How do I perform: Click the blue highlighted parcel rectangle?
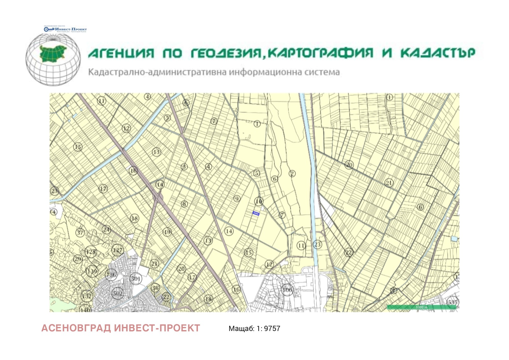[256, 213]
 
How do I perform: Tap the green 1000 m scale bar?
[422, 307]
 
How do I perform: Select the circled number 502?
[117, 293]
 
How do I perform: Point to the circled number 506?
[287, 290]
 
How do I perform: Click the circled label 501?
[136, 279]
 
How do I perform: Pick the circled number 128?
[91, 252]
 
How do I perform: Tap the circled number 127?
[117, 250]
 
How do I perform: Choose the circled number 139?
[92, 271]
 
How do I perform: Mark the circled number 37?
[80, 232]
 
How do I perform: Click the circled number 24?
[106, 229]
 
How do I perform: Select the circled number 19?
[167, 232]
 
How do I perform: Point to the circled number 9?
[237, 199]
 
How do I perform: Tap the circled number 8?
[184, 204]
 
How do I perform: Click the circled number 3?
[184, 167]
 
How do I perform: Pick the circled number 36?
[155, 288]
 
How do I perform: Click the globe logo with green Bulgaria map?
[53, 59]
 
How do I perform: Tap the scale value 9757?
[272, 329]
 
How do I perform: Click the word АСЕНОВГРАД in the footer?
[76, 328]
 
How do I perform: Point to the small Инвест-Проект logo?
[65, 29]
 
